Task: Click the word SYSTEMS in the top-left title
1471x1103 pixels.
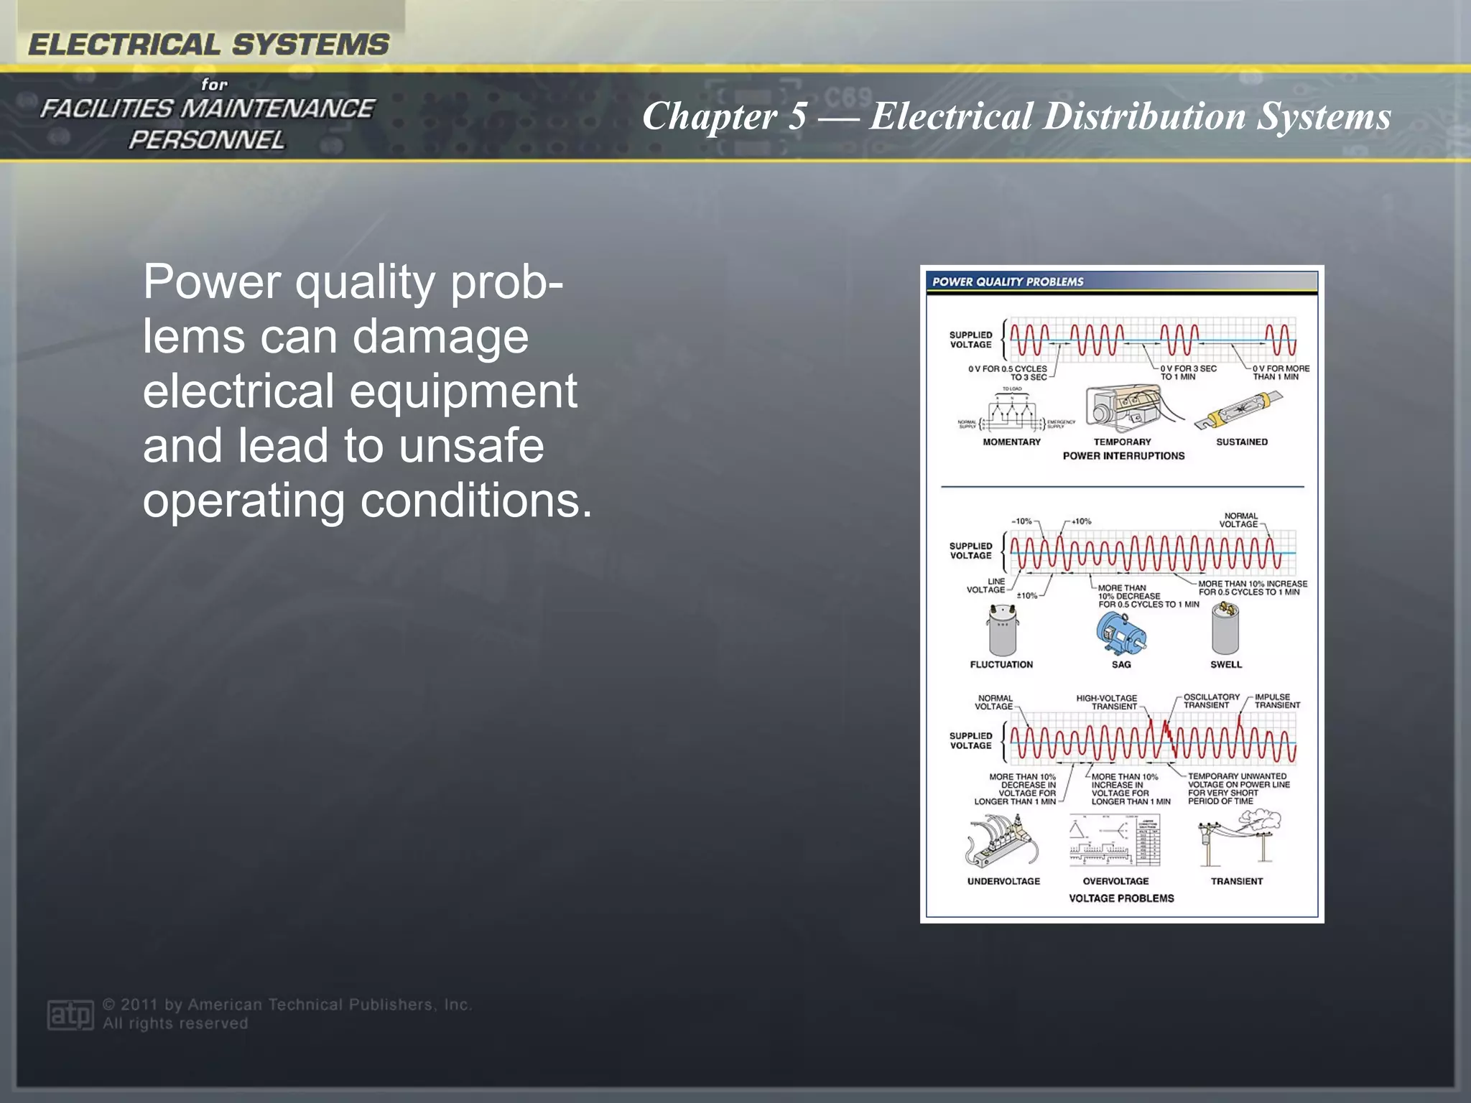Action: point(310,45)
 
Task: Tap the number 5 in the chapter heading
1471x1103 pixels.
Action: point(797,116)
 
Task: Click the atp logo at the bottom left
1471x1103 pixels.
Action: point(70,1014)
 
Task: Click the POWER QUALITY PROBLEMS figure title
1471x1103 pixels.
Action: point(1007,281)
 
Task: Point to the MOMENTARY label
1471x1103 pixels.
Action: point(1011,442)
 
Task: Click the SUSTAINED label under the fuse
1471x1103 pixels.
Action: point(1241,442)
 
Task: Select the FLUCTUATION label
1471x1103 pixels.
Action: point(1001,664)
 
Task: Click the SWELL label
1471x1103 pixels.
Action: point(1225,664)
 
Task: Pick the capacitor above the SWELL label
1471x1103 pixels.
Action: point(1225,628)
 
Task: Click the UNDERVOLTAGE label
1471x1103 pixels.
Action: point(1003,881)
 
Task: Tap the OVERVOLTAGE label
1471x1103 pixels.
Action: point(1115,881)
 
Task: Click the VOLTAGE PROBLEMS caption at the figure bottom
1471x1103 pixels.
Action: point(1121,898)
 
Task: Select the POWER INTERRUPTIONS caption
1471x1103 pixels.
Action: point(1123,456)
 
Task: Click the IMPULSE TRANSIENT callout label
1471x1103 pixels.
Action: point(1276,701)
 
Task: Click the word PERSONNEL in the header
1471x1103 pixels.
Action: point(207,140)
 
